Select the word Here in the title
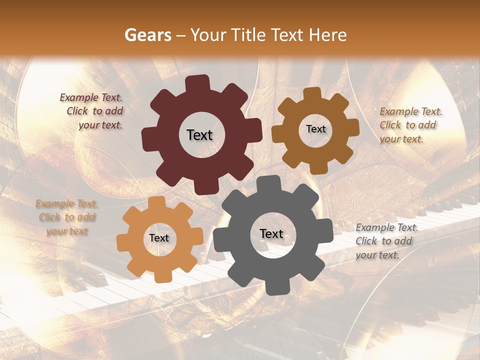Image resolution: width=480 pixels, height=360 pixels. click(x=327, y=35)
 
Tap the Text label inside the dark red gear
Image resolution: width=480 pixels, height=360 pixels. click(x=199, y=135)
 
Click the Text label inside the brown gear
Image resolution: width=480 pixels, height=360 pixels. click(x=315, y=129)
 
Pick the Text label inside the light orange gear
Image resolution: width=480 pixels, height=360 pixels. click(x=159, y=238)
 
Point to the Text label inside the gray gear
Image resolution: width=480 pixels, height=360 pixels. click(x=271, y=233)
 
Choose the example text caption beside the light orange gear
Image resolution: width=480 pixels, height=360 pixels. click(x=67, y=217)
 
